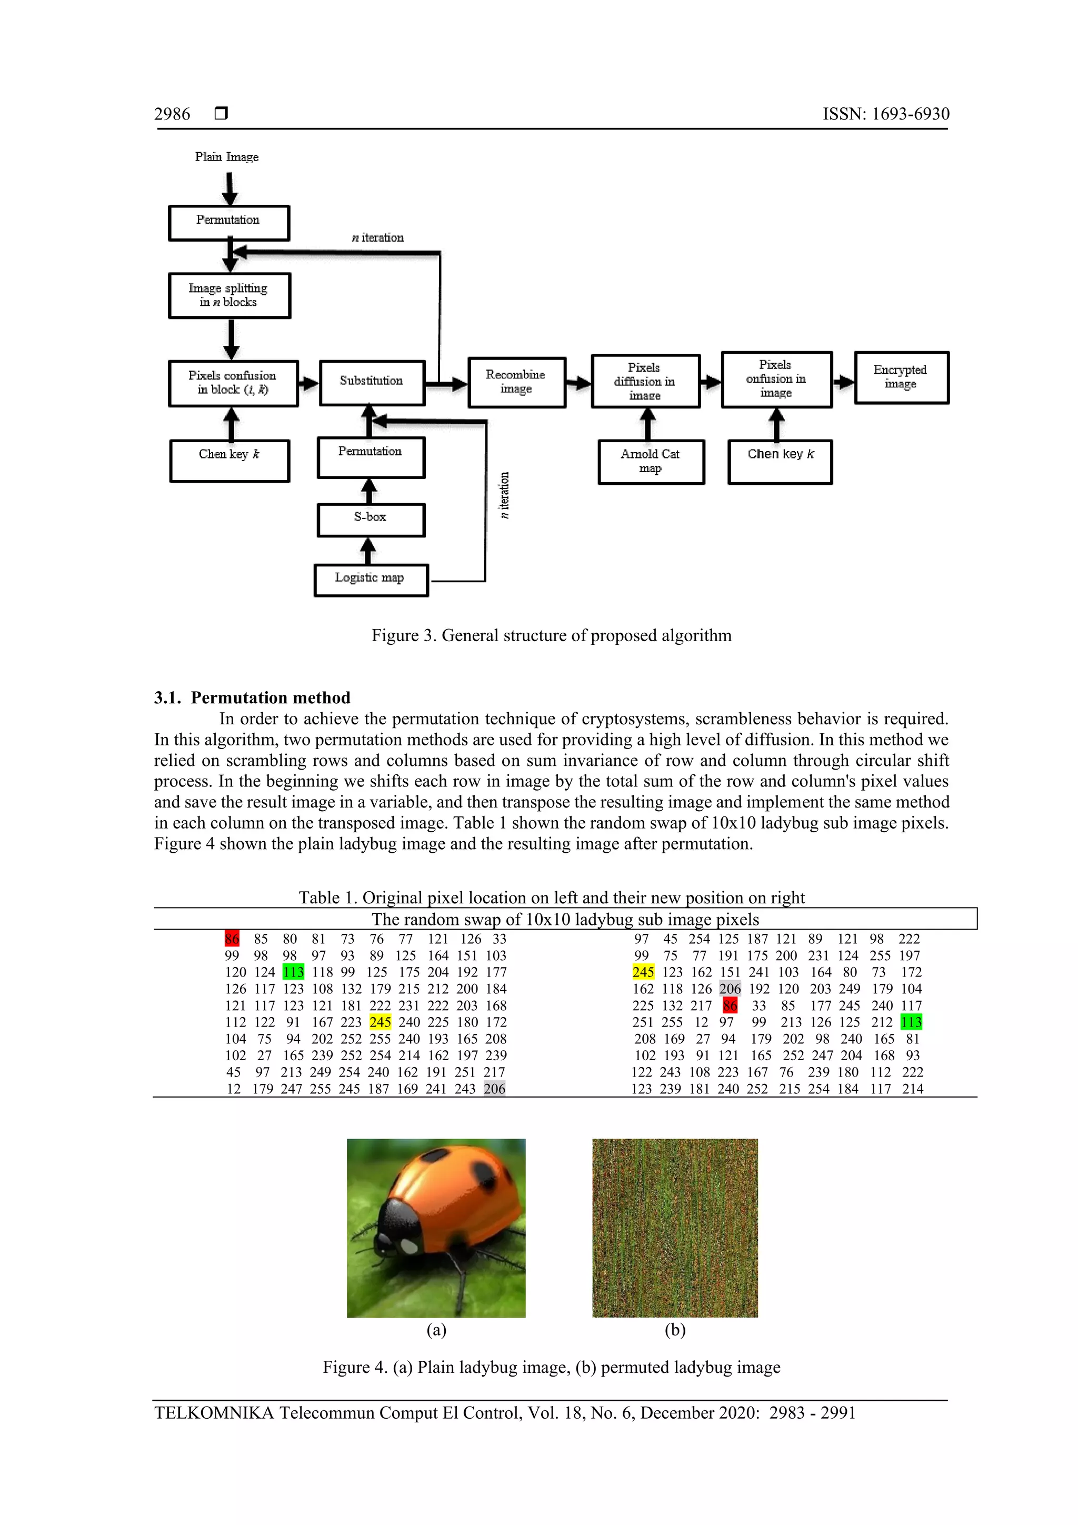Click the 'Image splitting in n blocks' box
click(229, 295)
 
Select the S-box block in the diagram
click(371, 520)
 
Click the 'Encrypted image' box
click(901, 377)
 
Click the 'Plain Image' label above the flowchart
click(226, 157)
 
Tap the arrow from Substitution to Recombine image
click(447, 383)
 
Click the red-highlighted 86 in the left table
click(232, 939)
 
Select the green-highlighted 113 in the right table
click(911, 1022)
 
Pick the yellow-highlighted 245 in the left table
click(380, 1022)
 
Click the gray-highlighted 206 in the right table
click(730, 988)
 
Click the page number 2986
click(172, 114)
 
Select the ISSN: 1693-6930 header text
click(885, 114)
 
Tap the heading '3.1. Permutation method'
click(253, 697)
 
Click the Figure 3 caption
click(551, 636)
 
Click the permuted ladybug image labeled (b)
click(675, 1228)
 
